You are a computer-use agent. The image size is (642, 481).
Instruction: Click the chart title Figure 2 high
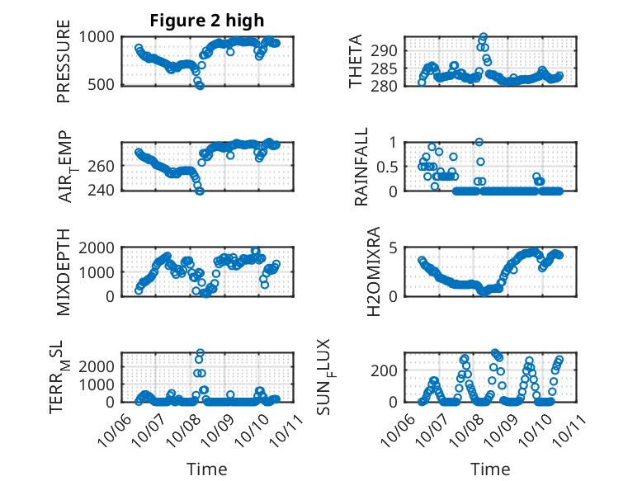tap(206, 21)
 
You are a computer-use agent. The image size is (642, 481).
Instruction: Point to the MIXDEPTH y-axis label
tap(64, 271)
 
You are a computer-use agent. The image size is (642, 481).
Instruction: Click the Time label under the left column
tap(206, 469)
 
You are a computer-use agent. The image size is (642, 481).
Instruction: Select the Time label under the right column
tap(490, 469)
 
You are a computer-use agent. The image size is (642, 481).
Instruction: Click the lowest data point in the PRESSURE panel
tap(200, 85)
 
